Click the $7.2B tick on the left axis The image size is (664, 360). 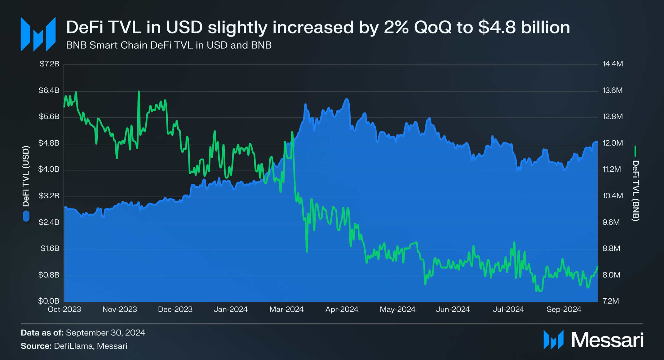tap(49, 64)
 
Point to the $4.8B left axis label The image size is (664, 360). tap(49, 143)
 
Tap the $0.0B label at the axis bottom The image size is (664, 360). tap(49, 301)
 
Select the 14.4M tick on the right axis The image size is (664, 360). tap(613, 64)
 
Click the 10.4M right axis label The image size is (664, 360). tap(613, 196)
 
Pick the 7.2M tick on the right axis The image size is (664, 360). tap(610, 301)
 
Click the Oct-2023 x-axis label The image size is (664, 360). tap(64, 309)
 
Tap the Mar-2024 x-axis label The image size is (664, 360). tap(286, 309)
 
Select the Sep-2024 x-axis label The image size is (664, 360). tap(564, 309)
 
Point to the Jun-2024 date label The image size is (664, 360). tap(453, 309)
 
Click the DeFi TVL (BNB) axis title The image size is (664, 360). tap(635, 191)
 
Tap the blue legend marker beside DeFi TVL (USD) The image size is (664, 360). tap(26, 216)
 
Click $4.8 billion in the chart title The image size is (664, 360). tap(524, 27)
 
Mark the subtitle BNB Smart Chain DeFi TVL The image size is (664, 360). tap(169, 45)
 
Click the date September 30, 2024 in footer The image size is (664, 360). tap(105, 333)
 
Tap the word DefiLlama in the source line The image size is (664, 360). tap(73, 346)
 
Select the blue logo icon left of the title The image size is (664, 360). tap(38, 34)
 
